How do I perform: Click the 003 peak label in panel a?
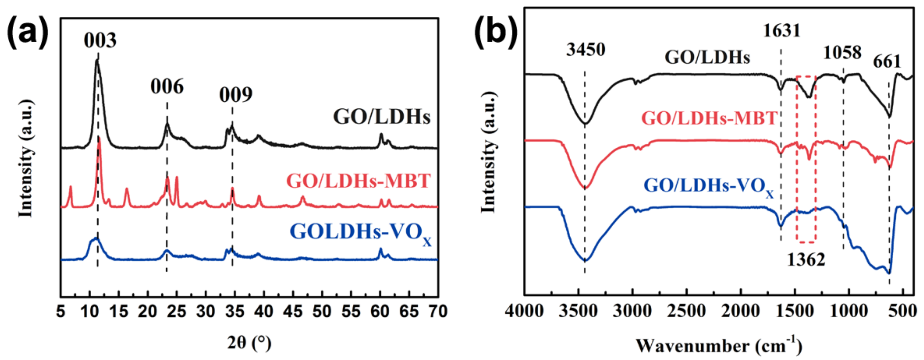[x=100, y=40]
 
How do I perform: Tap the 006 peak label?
[x=167, y=86]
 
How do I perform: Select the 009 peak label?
[x=236, y=95]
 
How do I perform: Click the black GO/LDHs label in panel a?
[x=382, y=117]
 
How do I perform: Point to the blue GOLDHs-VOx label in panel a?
[x=361, y=232]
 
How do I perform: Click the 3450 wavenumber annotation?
[x=585, y=49]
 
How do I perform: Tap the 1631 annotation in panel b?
[x=781, y=31]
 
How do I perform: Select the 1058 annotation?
[x=842, y=53]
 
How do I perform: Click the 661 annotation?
[x=887, y=62]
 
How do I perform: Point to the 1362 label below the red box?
[x=806, y=259]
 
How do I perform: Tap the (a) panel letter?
[x=28, y=34]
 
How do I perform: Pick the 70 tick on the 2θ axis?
[x=437, y=311]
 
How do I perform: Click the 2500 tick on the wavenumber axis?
[x=687, y=311]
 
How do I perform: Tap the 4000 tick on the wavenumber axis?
[x=524, y=311]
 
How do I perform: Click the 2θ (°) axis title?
[x=249, y=343]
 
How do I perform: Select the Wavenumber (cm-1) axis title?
[x=719, y=346]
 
